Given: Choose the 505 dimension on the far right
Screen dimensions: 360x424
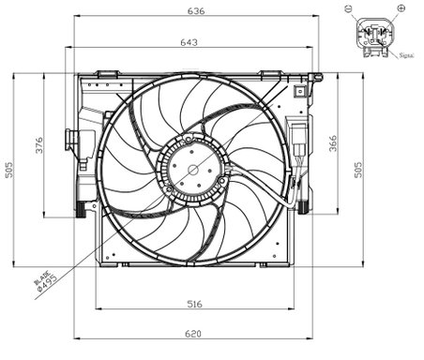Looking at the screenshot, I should coord(358,169).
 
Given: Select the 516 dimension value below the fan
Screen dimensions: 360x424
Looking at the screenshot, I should coord(192,304).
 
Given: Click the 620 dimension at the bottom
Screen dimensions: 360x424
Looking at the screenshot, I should coord(192,335).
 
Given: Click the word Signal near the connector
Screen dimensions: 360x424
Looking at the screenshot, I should coord(406,56).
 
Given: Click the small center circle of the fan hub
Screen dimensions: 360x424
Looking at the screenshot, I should coord(193,169).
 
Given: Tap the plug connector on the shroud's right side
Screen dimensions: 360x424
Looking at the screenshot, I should coord(299,143).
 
